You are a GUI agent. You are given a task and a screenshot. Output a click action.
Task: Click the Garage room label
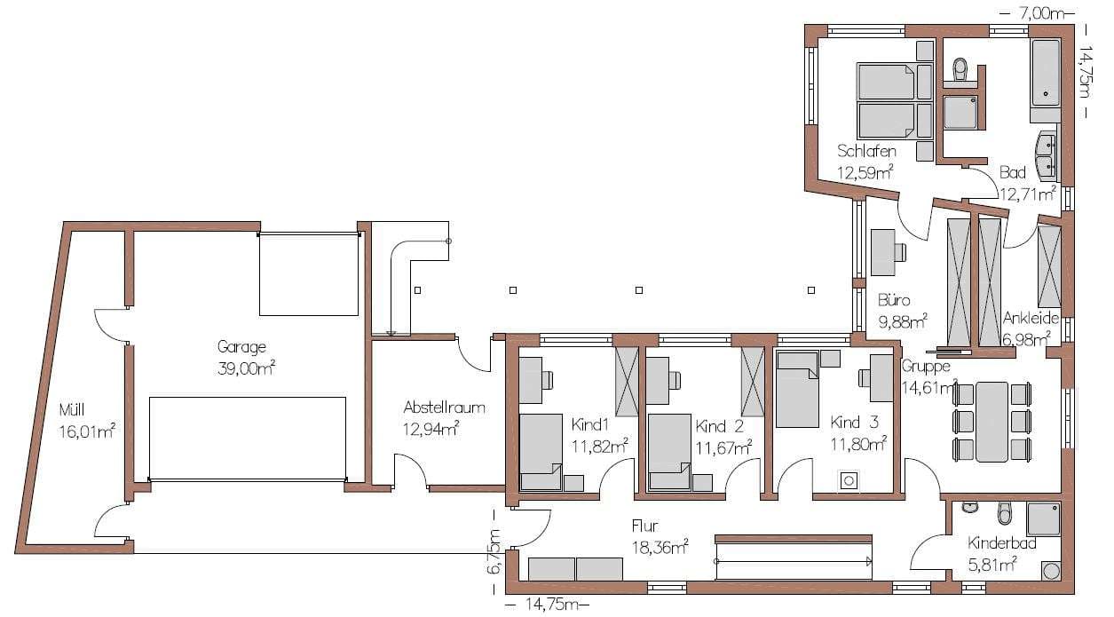[x=241, y=347]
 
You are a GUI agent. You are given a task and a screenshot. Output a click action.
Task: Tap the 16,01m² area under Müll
[x=88, y=431]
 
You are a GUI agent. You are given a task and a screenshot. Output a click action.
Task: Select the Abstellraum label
[x=444, y=407]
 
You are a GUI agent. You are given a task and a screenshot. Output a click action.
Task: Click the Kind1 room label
[x=589, y=425]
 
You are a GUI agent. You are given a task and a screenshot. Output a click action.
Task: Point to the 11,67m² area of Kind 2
[x=723, y=447]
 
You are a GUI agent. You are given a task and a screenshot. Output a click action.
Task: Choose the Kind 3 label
[x=855, y=423]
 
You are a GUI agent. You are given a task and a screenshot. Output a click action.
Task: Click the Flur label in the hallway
[x=645, y=526]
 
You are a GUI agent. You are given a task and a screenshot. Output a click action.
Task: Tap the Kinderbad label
[x=1001, y=543]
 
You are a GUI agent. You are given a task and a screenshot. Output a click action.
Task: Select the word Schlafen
[x=866, y=151]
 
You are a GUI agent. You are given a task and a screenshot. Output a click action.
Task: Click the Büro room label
[x=894, y=300]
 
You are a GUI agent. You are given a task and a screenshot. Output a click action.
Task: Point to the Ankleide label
[x=1031, y=318]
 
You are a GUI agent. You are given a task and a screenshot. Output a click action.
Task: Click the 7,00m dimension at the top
[x=1041, y=13]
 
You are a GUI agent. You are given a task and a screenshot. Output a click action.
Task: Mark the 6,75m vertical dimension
[x=494, y=551]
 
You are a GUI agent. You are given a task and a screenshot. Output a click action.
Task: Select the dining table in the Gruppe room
[x=992, y=422]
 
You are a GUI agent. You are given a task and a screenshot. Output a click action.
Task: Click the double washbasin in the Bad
[x=1047, y=155]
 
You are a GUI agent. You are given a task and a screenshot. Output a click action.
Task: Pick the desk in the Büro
[x=883, y=252]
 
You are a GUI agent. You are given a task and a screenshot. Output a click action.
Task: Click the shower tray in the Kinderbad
[x=1043, y=519]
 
